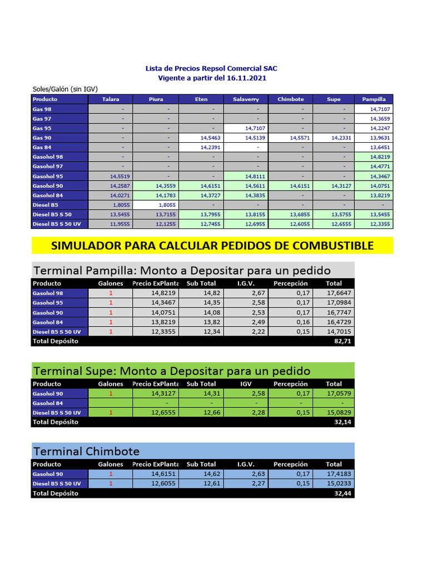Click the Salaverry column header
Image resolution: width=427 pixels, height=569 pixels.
coord(245,99)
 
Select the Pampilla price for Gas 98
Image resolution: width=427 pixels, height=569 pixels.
coord(381,109)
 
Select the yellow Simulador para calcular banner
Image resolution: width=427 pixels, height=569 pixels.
coord(212,246)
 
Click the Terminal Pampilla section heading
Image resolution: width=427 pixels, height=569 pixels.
coord(182,271)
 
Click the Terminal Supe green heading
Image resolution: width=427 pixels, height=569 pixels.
coord(172,371)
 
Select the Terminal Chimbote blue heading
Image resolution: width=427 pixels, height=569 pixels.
coord(86,451)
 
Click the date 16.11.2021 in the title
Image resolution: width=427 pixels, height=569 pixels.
coord(247,78)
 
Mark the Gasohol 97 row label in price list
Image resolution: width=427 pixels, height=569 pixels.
coord(48,166)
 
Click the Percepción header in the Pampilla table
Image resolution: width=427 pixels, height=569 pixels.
coord(290,283)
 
